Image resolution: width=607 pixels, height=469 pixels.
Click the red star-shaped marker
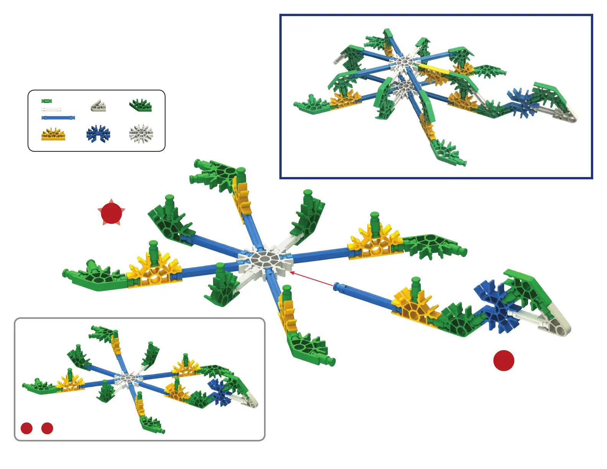coord(111,213)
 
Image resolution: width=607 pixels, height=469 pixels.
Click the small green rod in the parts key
coord(46,101)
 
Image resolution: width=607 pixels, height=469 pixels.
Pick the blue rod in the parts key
coord(58,118)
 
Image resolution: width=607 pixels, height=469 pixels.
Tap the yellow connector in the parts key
coord(53,134)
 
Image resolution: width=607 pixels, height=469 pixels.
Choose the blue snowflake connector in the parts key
coord(98,134)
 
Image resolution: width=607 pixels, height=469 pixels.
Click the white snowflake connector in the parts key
coord(141,134)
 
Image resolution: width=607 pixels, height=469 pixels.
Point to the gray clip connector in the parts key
coord(98,106)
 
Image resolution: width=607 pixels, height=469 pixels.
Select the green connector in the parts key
coord(141,105)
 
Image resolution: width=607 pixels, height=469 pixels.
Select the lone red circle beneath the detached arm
coord(504,361)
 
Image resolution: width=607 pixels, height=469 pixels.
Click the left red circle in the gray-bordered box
coord(26,428)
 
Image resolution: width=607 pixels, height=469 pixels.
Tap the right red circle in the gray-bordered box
coord(47,428)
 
